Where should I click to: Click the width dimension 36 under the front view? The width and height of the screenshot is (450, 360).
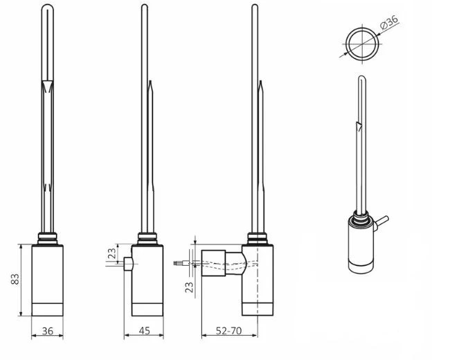[48, 331]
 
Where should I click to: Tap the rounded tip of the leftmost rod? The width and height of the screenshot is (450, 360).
[48, 8]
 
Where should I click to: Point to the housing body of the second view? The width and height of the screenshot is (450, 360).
[145, 273]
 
